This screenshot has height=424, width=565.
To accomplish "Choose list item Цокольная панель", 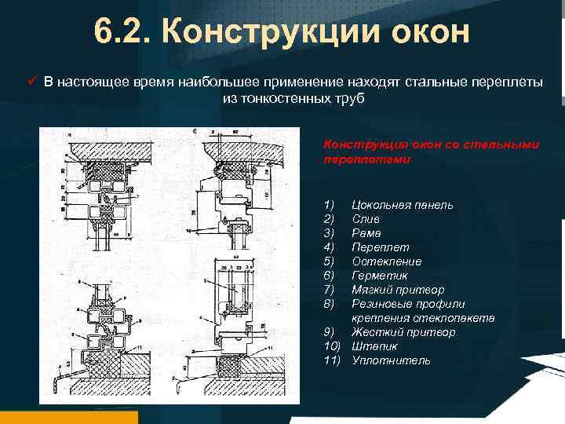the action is (x=402, y=205).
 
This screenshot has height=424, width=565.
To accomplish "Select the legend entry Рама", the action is (x=366, y=233).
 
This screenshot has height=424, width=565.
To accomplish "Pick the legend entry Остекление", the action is (x=386, y=261).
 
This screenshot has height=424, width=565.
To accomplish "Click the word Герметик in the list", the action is (x=380, y=276).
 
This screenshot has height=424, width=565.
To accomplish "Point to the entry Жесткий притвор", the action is (x=403, y=332).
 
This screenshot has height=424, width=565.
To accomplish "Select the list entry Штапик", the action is (x=374, y=346).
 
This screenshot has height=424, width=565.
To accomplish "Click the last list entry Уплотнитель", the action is (x=391, y=360).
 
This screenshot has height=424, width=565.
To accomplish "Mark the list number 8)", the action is (x=329, y=304).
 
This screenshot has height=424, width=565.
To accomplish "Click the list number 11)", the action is (x=332, y=360).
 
